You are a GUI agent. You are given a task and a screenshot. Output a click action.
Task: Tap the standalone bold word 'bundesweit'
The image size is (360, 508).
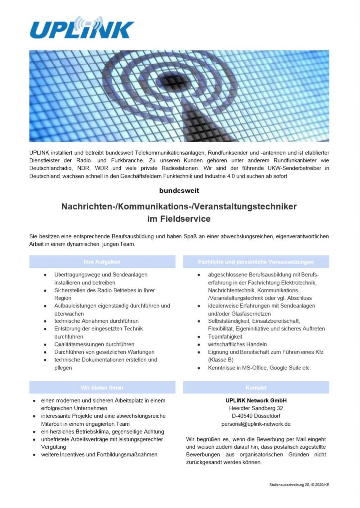180,190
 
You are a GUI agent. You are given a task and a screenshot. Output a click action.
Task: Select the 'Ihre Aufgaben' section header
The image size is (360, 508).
102,261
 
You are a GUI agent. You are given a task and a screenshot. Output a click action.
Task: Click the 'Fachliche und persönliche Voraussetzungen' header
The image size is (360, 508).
256,261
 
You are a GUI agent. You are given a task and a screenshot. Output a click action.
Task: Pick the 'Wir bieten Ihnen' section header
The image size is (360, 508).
102,387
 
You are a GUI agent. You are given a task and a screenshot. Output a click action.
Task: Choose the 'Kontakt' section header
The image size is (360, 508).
256,387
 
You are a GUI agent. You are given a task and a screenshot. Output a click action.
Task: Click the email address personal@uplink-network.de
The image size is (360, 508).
256,424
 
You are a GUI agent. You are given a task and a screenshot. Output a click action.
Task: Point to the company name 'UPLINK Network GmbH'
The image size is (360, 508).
256,400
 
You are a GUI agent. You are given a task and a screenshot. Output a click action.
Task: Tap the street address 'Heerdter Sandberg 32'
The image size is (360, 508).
256,408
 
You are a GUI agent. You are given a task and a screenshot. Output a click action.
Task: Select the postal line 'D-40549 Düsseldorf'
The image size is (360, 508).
256,416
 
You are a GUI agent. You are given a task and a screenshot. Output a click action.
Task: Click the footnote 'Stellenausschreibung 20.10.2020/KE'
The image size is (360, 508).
300,484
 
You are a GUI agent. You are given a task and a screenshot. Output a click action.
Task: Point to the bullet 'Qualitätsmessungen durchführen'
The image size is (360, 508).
94,344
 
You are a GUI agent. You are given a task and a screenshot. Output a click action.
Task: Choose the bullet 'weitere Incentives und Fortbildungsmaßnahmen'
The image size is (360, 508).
99,454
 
